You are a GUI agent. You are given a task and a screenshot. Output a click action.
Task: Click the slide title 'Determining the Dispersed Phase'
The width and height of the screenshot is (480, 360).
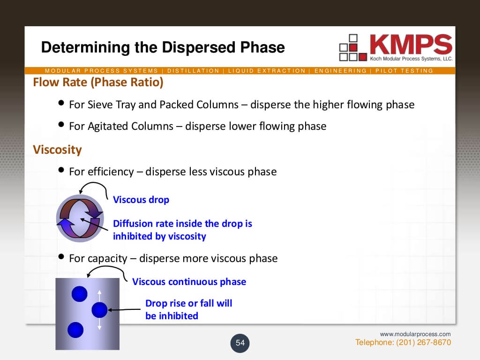pos(163,47)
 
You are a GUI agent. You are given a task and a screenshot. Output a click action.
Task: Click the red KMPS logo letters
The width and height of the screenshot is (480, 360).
pos(411,45)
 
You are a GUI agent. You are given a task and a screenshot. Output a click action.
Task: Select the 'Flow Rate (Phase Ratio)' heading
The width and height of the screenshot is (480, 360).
pos(98,82)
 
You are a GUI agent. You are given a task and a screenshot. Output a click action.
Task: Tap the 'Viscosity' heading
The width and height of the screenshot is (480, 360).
pos(57,150)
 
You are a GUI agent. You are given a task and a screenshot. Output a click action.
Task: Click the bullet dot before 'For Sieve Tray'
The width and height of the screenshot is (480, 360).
pos(61,103)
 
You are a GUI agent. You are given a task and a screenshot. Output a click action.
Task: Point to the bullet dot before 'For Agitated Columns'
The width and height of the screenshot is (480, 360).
pos(61,124)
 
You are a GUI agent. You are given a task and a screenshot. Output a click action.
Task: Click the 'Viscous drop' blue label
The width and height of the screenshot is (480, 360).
pos(141,200)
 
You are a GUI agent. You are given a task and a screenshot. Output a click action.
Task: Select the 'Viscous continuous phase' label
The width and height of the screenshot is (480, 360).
pos(189,282)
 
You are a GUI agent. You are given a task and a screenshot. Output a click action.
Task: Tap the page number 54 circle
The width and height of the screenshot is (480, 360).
pos(240,343)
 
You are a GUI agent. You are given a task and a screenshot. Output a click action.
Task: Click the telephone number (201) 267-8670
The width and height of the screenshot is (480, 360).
pos(423,342)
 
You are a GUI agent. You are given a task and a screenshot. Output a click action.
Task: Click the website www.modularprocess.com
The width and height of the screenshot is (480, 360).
pos(415,334)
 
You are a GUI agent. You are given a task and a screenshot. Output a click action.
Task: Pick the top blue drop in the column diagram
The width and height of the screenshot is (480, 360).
pos(80,294)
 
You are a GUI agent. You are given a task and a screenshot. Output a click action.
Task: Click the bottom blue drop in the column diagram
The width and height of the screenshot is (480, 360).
pos(75,330)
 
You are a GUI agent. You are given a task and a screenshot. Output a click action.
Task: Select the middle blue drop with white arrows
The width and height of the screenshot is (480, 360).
pos(99,310)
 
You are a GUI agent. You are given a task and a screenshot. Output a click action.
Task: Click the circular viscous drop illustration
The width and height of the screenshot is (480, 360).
pos(80,218)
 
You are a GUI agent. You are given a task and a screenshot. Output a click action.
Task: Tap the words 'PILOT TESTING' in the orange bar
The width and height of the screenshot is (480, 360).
pos(404,71)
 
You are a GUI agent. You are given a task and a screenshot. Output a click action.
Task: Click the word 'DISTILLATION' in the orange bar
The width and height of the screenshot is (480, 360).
pos(193,71)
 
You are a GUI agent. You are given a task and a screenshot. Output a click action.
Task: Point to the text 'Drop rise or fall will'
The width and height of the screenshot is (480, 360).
pos(188,303)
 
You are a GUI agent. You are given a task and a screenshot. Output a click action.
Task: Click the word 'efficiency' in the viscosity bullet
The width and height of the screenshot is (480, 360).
pos(111,172)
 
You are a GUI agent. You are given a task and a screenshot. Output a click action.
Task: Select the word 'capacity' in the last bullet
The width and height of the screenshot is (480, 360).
pos(107,259)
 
